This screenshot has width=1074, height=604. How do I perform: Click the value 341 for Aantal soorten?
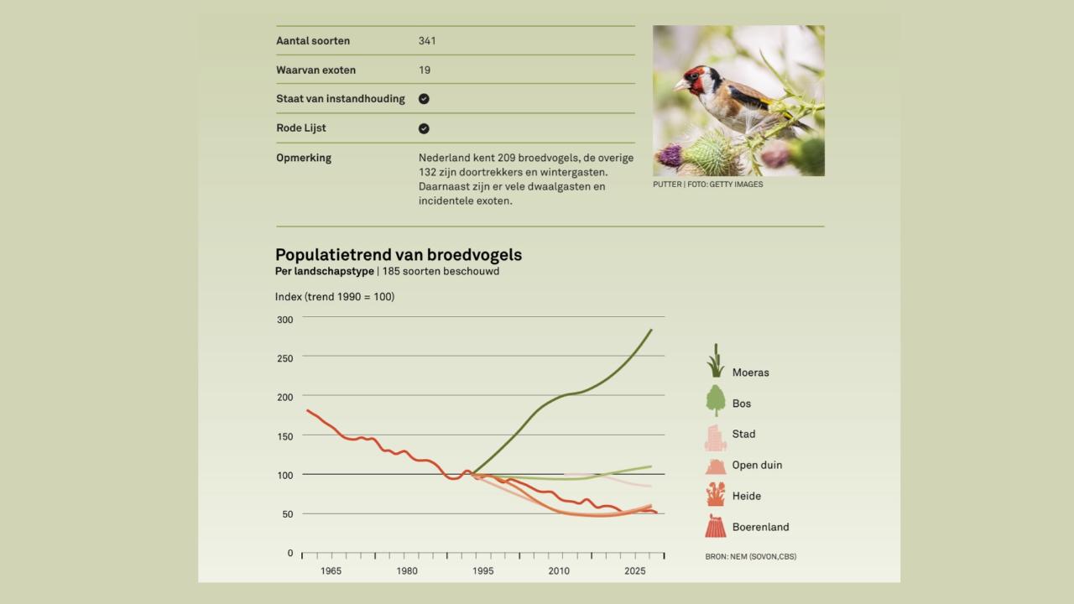tap(427, 41)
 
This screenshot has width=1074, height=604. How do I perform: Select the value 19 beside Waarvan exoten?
tap(425, 70)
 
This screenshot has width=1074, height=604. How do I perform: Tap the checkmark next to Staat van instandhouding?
tap(424, 99)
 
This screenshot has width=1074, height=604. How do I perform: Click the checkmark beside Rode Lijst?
tap(424, 128)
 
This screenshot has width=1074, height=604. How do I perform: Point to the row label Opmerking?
tap(304, 158)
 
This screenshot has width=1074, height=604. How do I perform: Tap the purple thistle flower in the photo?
tap(670, 155)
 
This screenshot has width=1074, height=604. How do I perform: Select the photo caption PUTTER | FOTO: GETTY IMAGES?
tap(707, 185)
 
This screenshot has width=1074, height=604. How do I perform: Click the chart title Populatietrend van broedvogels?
tap(398, 255)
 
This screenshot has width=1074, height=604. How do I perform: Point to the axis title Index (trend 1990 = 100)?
tap(334, 297)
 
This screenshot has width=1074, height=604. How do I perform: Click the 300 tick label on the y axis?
tap(284, 320)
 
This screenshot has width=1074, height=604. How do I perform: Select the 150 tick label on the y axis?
tap(284, 436)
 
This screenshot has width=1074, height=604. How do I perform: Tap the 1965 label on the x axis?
tap(331, 571)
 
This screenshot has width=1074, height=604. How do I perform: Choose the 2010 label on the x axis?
tap(559, 571)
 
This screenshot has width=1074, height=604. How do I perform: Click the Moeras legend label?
tap(750, 372)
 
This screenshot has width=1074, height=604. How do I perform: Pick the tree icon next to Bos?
tap(715, 401)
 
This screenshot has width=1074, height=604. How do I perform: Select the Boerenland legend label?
tap(760, 528)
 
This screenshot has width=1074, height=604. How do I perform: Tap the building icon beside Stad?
tap(715, 437)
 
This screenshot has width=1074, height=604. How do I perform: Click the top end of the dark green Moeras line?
tap(651, 330)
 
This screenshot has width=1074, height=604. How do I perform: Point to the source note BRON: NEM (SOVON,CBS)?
tap(750, 556)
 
